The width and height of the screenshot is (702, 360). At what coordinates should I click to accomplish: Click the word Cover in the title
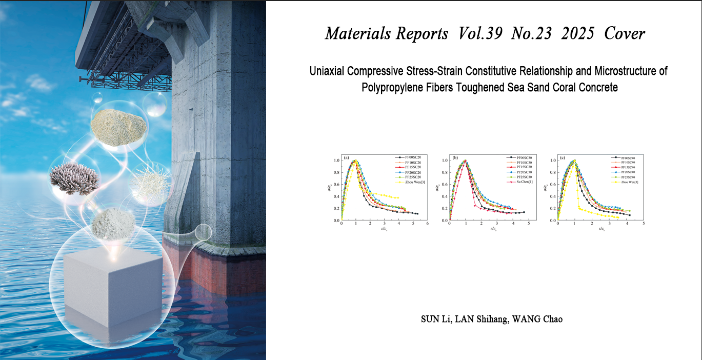point(625,34)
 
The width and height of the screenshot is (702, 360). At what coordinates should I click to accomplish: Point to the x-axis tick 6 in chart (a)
point(427,224)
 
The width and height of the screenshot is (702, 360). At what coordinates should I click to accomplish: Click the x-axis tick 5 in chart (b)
point(529,224)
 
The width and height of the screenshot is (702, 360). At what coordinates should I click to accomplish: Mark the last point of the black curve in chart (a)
point(417,213)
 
